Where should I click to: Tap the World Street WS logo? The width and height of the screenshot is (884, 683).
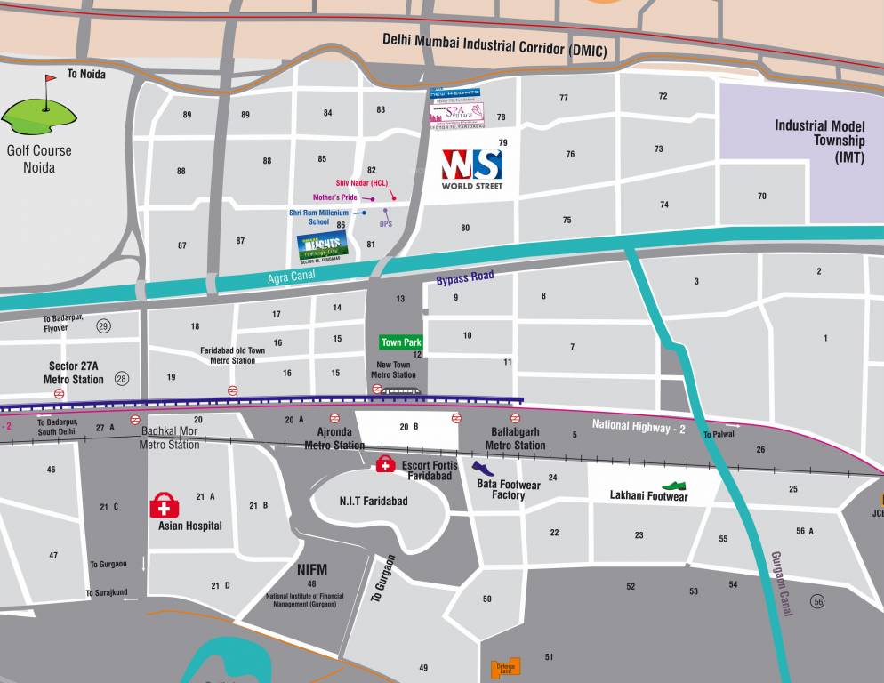pos(472,165)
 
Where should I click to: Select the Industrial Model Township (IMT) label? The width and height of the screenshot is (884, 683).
pos(819,141)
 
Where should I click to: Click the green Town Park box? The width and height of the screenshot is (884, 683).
pos(401,342)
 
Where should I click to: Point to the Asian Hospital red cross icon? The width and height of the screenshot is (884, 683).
pos(164,506)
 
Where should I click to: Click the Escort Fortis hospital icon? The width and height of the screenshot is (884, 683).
pos(386,464)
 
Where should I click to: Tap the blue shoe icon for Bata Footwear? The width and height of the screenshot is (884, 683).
pos(482,469)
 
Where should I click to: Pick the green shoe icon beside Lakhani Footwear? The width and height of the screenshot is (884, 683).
pos(675,486)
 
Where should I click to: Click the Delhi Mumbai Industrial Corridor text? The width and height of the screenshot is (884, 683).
pos(494,44)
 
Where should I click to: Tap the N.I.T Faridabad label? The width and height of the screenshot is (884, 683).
pos(374,501)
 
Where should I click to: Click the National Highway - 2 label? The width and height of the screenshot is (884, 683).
pos(638,427)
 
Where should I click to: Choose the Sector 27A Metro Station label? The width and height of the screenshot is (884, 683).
pos(74,373)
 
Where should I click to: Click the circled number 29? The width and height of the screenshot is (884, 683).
pos(103,326)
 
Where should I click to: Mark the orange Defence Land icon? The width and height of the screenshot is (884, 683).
pos(506,668)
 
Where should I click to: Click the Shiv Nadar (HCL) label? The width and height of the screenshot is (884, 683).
pos(361,183)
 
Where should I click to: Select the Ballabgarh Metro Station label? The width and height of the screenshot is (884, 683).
pos(515,438)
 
